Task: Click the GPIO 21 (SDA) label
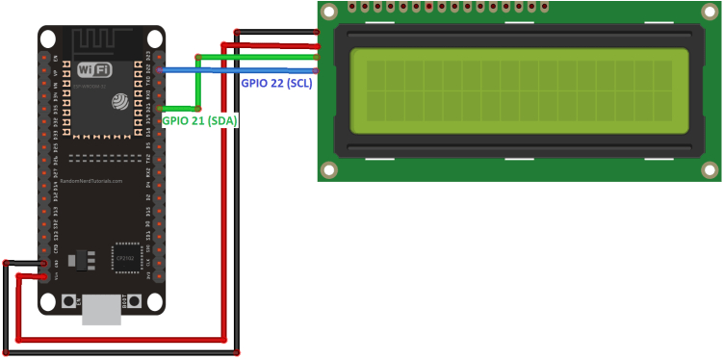click(x=199, y=121)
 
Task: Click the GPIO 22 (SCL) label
click(x=277, y=84)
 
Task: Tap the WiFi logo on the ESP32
click(x=93, y=69)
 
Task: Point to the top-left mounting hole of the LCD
click(x=329, y=11)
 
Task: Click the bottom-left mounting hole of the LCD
click(x=329, y=170)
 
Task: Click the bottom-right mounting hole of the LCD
click(x=710, y=170)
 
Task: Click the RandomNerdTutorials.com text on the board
click(x=90, y=181)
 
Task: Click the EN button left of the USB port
click(x=69, y=301)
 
